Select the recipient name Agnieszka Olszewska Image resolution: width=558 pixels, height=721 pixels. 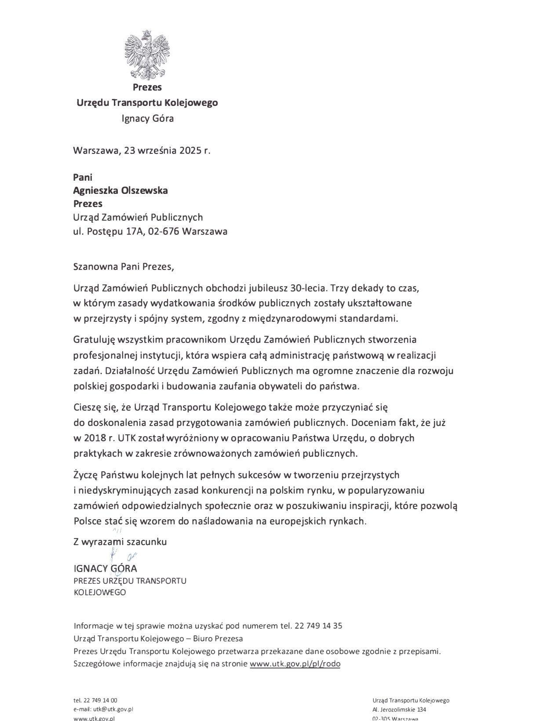(120, 190)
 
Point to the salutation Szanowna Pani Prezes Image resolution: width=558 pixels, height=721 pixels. (120, 266)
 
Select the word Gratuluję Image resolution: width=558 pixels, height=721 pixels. (94, 339)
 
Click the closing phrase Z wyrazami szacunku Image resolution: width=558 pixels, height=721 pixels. (120, 542)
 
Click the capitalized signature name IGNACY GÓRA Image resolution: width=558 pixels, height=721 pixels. (105, 568)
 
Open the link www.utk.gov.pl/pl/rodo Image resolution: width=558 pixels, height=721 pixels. (295, 664)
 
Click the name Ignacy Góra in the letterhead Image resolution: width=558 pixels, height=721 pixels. (147, 118)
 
